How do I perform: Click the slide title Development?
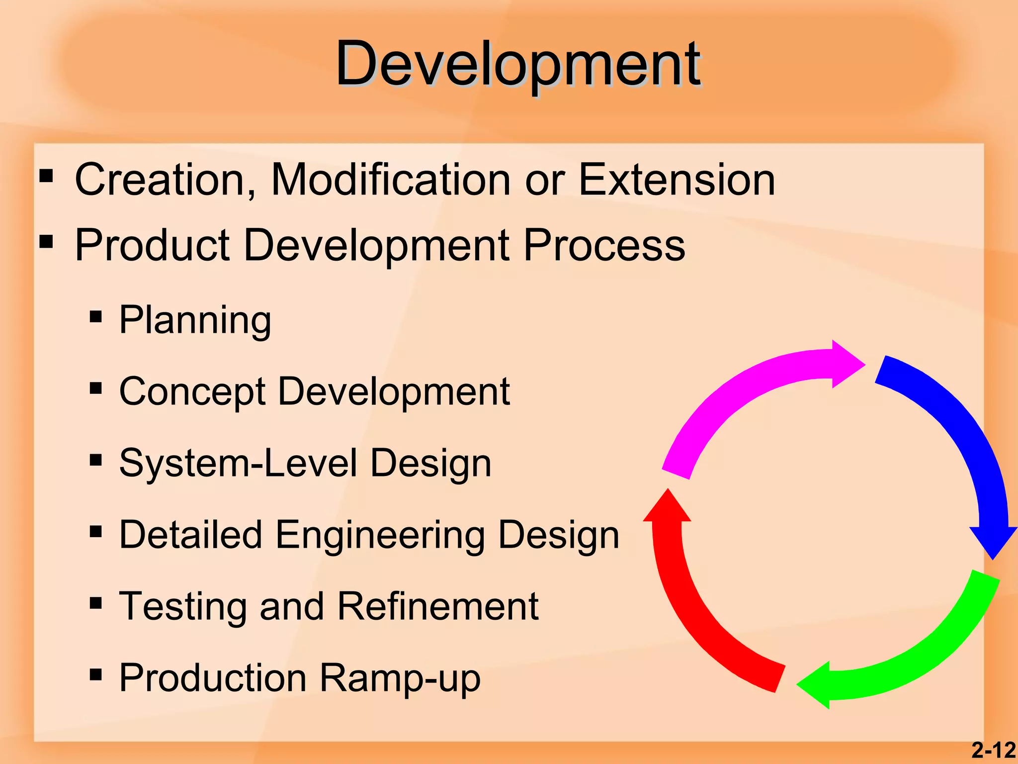coord(518,65)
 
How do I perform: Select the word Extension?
coord(677,180)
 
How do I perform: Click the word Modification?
coord(390,180)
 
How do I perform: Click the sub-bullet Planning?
coord(195,320)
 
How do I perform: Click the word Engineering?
coord(379,535)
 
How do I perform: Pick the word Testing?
coord(182,606)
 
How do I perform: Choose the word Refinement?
coord(437,606)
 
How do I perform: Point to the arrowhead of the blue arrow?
coord(993,542)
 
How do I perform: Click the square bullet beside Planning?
coord(96,317)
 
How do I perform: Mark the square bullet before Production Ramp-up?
coord(96,674)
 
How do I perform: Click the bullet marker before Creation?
coord(46,176)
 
